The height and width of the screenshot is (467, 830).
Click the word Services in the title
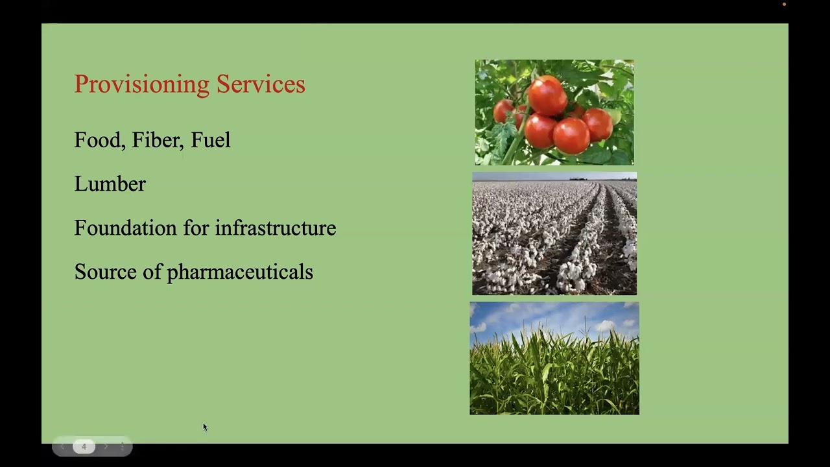261,84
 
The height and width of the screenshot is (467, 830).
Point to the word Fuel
210,140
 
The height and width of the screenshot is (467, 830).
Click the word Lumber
110,184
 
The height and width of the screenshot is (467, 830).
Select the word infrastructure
275,228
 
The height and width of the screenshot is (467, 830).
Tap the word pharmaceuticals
240,272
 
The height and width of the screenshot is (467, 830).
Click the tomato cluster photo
554,112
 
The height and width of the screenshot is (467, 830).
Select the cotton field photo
554,233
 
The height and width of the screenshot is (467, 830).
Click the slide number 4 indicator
84,446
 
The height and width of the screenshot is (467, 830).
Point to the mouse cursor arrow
205,427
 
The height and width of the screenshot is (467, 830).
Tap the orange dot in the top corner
784,5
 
